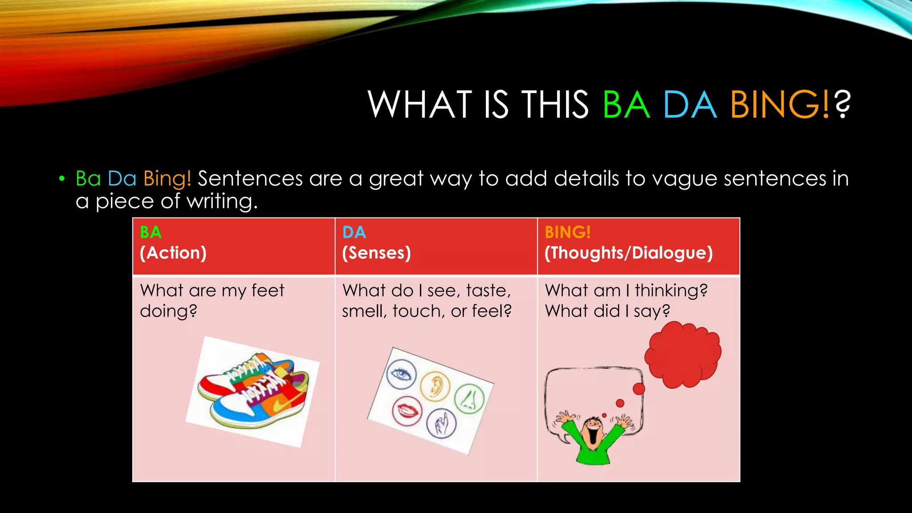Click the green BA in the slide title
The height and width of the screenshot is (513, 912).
(626, 105)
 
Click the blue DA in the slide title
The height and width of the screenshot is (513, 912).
(690, 105)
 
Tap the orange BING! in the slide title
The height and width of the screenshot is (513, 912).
(779, 105)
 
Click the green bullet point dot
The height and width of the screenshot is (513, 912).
(62, 179)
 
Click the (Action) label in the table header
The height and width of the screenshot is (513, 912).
(173, 253)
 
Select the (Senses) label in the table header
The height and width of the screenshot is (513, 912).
(376, 253)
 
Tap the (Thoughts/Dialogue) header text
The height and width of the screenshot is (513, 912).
(628, 253)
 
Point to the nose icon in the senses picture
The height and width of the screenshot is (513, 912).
(468, 398)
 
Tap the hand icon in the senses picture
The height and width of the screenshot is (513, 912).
(441, 423)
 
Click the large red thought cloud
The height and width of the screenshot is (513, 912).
(683, 354)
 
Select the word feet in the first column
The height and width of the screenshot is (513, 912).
(268, 291)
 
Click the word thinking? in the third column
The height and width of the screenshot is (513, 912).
(671, 291)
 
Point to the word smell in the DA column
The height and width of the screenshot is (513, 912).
(364, 311)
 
